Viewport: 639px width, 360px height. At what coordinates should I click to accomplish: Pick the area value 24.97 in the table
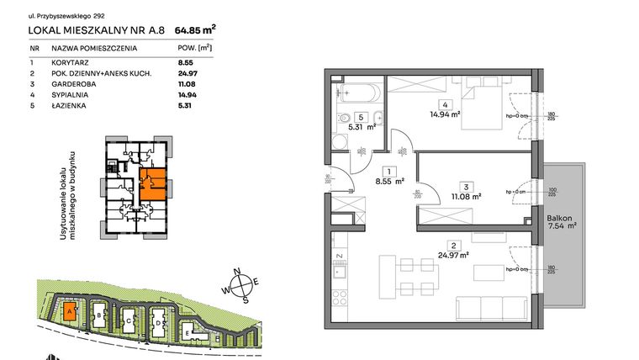point(184,74)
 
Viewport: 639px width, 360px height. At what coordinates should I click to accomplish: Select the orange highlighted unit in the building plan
point(151,183)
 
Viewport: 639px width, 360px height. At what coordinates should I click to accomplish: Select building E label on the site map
point(186,333)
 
